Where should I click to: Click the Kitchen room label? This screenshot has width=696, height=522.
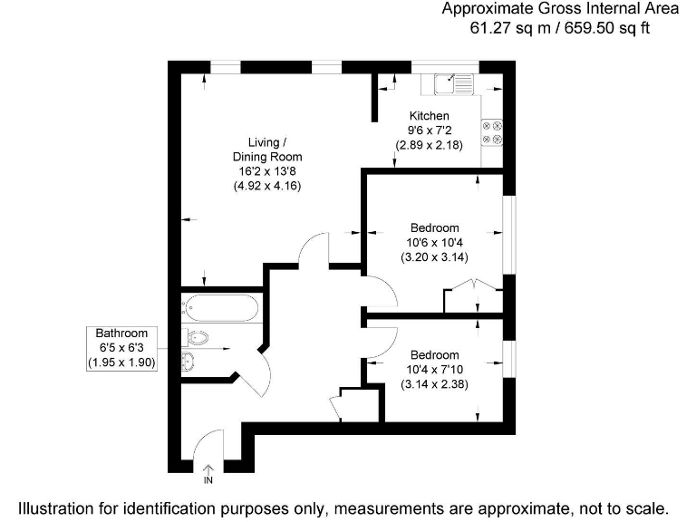point(429,116)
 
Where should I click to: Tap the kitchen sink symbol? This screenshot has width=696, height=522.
point(453,84)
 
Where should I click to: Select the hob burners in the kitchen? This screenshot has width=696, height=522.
point(493,132)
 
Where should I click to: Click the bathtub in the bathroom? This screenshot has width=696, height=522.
point(221,308)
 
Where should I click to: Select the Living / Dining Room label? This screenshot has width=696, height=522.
point(267,150)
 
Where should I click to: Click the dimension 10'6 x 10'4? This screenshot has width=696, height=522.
point(434,242)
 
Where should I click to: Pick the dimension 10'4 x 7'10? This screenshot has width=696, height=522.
point(434,369)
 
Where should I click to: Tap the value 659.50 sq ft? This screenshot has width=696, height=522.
point(607,27)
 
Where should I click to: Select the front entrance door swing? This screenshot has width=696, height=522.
point(208,444)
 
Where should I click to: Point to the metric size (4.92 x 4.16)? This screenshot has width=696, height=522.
point(267,185)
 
